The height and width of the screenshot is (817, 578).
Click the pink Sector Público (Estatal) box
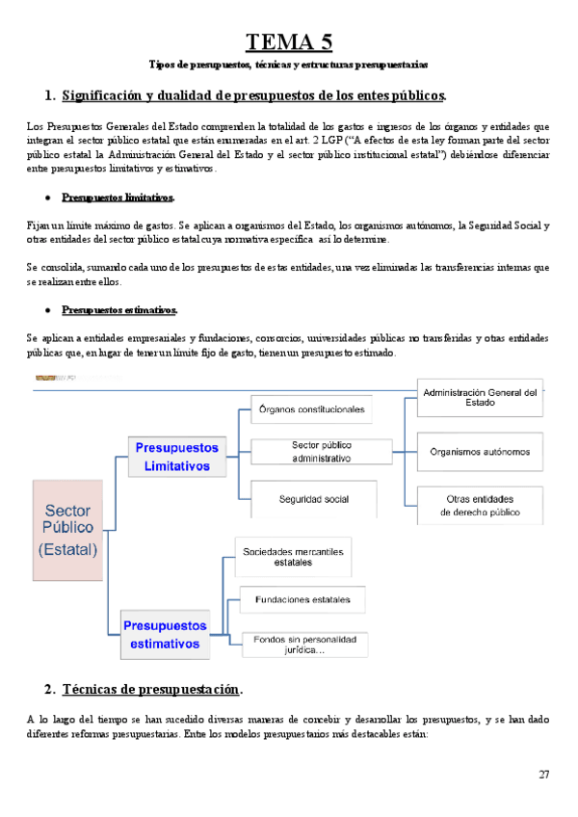[67, 529]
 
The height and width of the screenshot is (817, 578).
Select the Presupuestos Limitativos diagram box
[176, 457]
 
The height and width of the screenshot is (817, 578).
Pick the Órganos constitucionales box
[312, 409]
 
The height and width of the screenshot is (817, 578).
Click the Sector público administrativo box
[322, 452]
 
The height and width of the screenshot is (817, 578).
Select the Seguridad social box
[314, 499]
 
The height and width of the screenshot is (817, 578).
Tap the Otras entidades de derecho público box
[480, 506]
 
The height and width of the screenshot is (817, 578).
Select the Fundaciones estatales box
[302, 599]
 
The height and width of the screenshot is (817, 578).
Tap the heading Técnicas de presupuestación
[152, 690]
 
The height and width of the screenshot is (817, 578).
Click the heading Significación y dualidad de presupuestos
[253, 95]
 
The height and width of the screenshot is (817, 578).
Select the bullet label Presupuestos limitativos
[118, 198]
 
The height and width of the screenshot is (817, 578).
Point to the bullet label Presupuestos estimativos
[119, 309]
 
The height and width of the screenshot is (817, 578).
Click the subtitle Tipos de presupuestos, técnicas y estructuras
[288, 65]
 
